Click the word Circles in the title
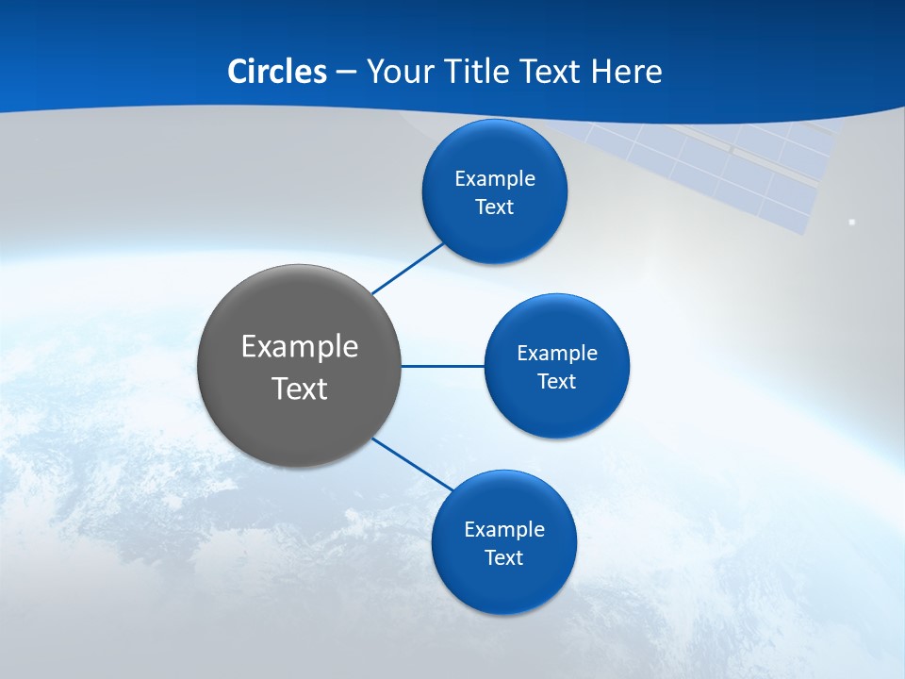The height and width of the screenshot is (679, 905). [277, 72]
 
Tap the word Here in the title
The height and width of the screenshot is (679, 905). [626, 72]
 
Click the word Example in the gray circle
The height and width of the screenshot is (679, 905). [300, 346]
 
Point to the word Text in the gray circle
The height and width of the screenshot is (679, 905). [300, 389]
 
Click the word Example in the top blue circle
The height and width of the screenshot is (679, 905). [495, 178]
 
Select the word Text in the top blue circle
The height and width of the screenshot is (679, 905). [495, 207]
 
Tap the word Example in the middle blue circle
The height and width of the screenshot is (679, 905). [557, 353]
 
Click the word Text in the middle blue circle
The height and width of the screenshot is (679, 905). [557, 382]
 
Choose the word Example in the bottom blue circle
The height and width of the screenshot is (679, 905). [503, 529]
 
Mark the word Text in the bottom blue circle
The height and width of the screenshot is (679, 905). [503, 558]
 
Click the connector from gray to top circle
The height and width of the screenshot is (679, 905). [407, 269]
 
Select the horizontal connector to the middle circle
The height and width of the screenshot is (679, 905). [443, 366]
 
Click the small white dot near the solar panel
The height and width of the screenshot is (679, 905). [852, 222]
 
